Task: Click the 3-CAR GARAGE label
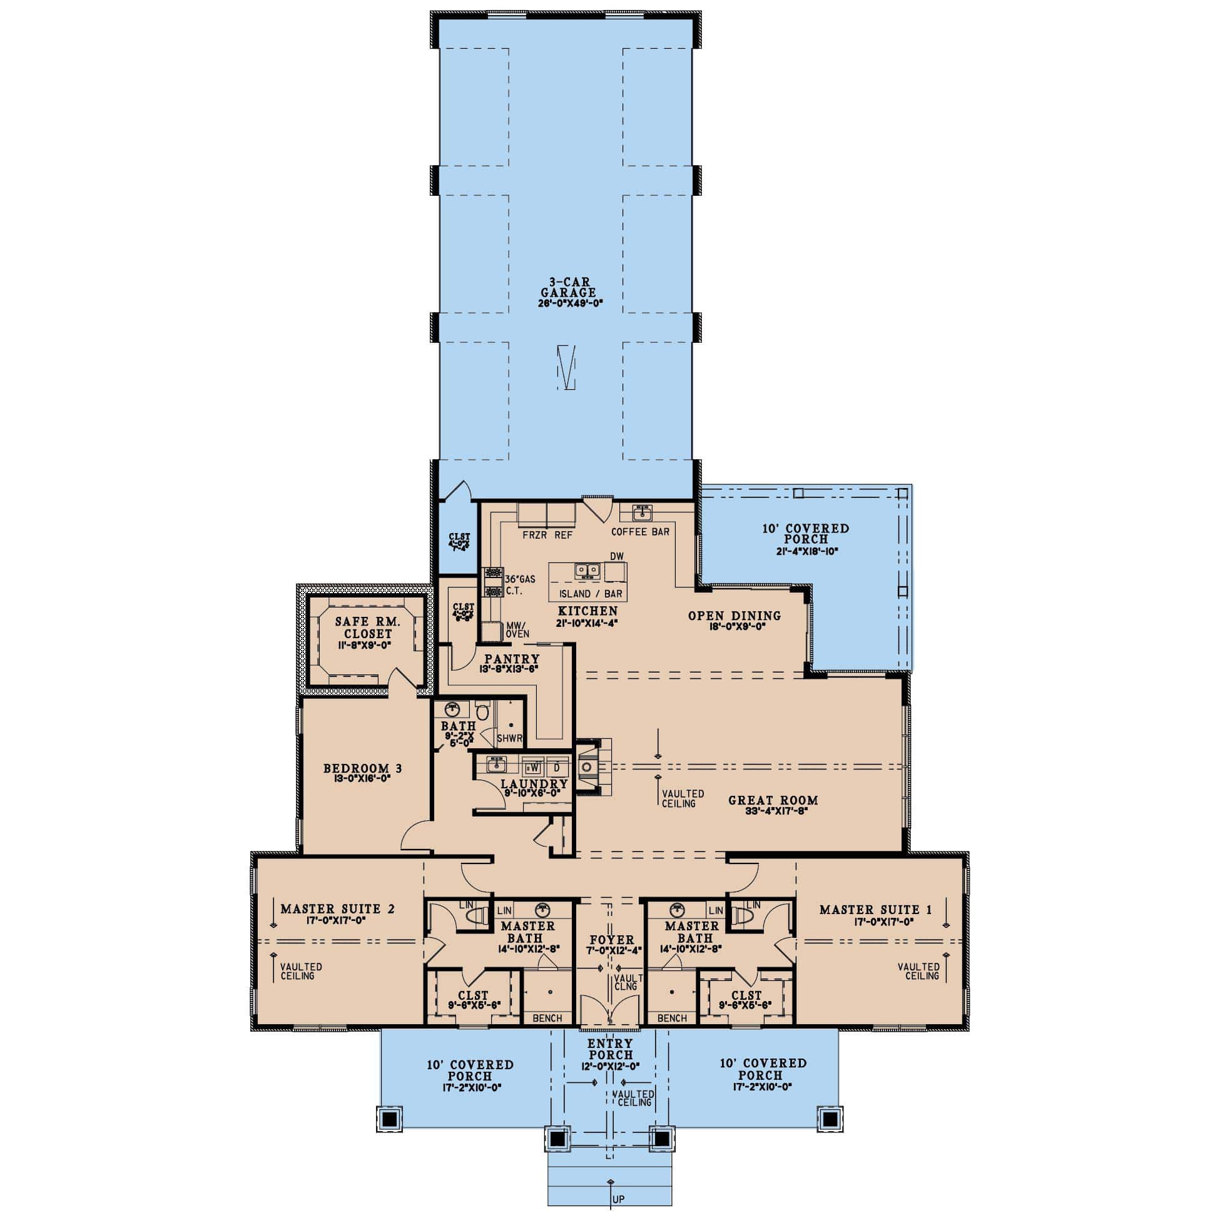click(567, 287)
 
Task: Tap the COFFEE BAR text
click(639, 532)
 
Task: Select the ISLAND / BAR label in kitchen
click(591, 594)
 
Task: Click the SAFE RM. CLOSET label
click(367, 628)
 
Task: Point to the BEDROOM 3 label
click(362, 768)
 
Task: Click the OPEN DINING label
click(735, 616)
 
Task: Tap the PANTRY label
click(512, 659)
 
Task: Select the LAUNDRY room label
click(534, 784)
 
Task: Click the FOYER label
click(612, 940)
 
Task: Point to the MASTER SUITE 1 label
click(875, 910)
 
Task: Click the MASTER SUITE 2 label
click(338, 909)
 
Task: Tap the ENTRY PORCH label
click(611, 1049)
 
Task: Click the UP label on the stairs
click(618, 1199)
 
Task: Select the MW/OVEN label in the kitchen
click(517, 629)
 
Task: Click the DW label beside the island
click(617, 556)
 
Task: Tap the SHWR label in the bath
click(509, 738)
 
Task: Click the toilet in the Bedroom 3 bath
click(483, 712)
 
